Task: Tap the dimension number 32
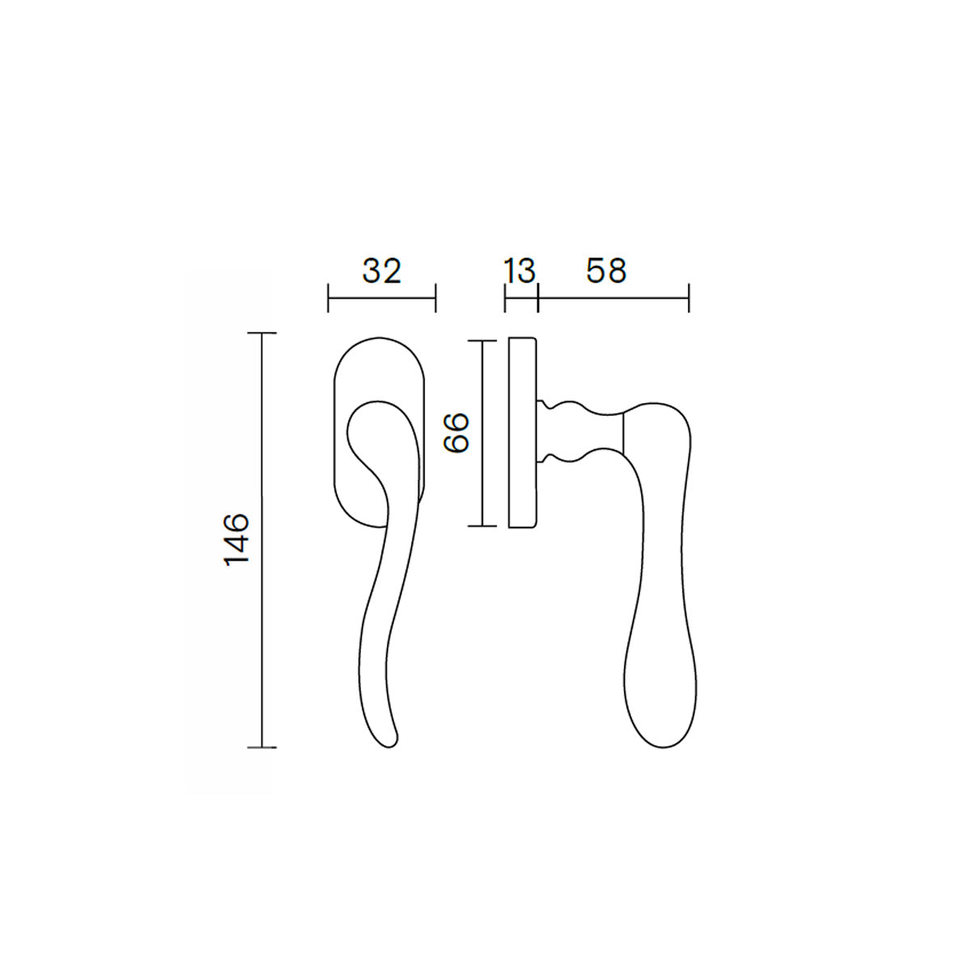coord(382,271)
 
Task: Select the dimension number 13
coord(519,271)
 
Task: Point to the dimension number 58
coord(606,271)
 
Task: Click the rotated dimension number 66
coord(456,433)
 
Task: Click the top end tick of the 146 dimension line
coord(261,333)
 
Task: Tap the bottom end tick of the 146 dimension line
coord(261,748)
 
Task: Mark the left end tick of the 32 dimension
coord(328,298)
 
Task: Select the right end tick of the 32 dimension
coord(435,298)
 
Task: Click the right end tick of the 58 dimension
coord(689,298)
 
